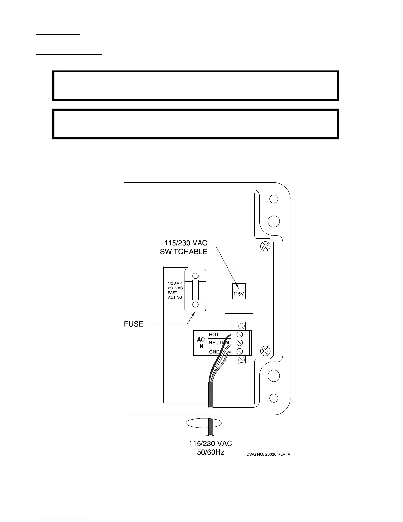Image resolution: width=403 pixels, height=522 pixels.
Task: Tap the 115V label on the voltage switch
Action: pos(239,294)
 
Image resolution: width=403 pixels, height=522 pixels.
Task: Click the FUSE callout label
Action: pos(134,324)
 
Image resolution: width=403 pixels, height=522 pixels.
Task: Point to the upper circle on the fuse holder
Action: pos(195,276)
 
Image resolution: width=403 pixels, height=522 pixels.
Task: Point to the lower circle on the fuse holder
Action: pos(195,304)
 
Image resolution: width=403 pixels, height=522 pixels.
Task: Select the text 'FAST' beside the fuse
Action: pos(173,293)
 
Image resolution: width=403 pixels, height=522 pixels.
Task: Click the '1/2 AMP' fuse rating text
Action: pos(175,283)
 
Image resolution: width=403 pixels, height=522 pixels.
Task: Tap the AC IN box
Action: pos(201,343)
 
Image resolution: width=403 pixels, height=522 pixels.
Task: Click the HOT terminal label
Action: pos(214,335)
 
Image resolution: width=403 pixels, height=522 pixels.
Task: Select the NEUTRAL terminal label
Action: pos(219,343)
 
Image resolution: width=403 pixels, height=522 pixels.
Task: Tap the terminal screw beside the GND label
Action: pos(240,351)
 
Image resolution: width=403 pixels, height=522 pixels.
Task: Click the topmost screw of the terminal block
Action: pos(241,326)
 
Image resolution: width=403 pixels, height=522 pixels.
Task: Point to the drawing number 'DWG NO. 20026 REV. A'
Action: pos(268,455)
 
